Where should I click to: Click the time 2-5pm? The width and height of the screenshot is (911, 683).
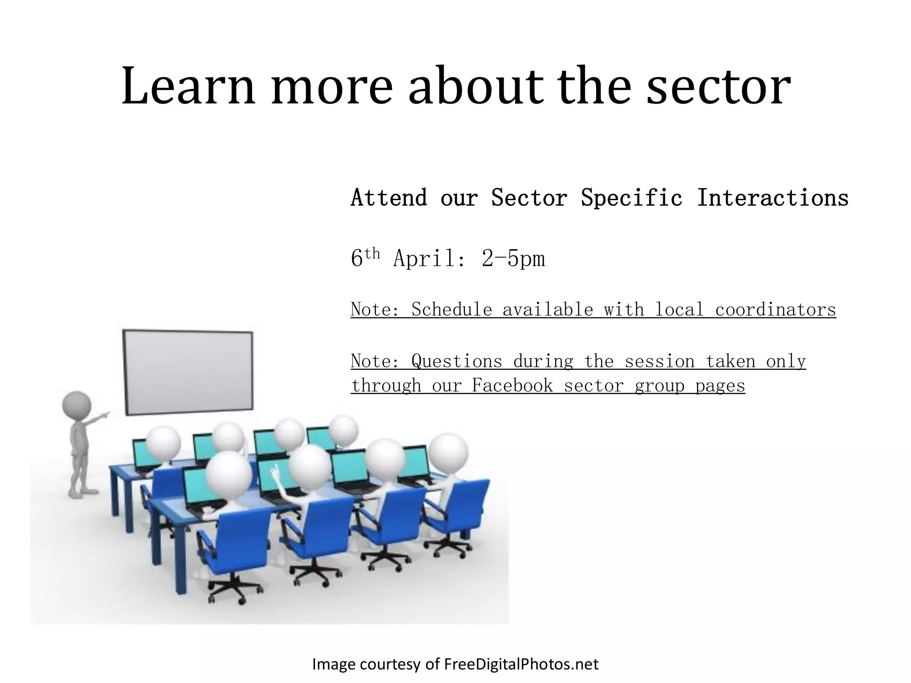pyautogui.click(x=513, y=259)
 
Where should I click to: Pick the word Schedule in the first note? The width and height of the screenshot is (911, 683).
pyautogui.click(x=451, y=309)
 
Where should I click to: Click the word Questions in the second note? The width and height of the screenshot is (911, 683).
pyautogui.click(x=456, y=361)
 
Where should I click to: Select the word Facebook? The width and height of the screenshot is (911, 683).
pyautogui.click(x=512, y=386)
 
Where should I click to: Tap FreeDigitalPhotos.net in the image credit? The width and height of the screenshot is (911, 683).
pyautogui.click(x=521, y=664)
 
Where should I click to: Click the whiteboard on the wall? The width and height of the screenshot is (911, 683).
pyautogui.click(x=188, y=372)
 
